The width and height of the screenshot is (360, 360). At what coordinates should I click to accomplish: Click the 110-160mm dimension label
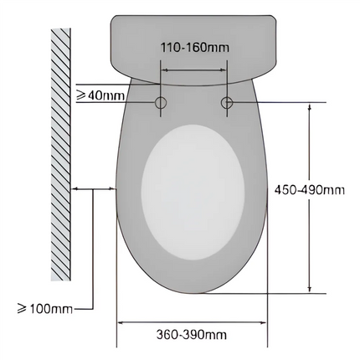tap(193, 49)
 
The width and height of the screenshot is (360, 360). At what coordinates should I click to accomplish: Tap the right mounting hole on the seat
tap(226, 102)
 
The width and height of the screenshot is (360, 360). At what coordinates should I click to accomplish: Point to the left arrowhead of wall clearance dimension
tap(77, 189)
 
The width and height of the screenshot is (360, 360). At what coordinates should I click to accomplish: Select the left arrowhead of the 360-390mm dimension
tap(119, 321)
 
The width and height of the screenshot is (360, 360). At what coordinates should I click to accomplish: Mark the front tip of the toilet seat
tap(193, 294)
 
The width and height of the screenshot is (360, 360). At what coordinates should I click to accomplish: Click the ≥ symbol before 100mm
tap(11, 309)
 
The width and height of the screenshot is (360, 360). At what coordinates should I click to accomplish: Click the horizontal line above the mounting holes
tap(193, 82)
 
